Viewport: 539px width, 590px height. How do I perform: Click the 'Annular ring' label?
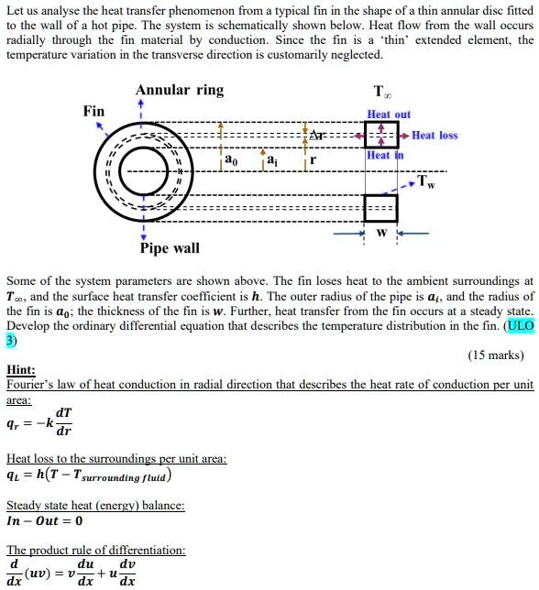[179, 90]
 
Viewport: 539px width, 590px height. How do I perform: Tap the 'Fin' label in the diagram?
[93, 111]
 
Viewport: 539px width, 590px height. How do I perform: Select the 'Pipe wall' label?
[170, 248]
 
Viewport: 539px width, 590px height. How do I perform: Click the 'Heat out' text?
[389, 115]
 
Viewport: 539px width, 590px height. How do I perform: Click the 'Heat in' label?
[384, 156]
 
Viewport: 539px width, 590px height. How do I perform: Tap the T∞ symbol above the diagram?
[380, 92]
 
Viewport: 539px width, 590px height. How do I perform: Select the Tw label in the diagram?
[426, 180]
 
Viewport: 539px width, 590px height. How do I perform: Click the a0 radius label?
[231, 160]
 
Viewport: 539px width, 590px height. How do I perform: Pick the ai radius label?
[273, 160]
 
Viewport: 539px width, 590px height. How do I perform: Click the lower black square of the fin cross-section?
[380, 208]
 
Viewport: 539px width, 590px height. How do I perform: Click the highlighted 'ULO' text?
[520, 326]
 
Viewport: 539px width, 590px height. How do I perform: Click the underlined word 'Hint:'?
[21, 370]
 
